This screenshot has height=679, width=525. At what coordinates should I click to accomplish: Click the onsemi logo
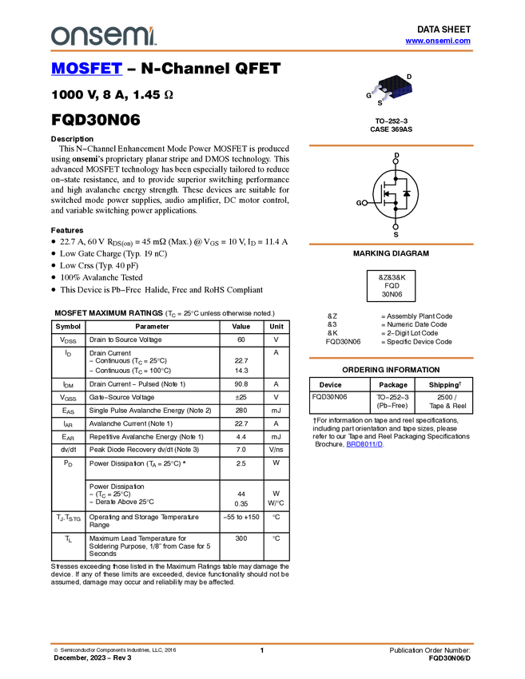(103, 36)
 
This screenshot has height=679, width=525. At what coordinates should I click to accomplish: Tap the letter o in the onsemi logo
(58, 37)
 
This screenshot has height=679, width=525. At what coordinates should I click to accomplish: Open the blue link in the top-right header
(438, 41)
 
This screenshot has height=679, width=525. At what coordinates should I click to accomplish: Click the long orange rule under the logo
(262, 51)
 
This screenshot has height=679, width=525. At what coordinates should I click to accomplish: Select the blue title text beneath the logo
(86, 69)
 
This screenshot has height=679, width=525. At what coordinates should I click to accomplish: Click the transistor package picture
(393, 89)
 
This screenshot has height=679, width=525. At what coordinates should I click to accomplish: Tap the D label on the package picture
(409, 77)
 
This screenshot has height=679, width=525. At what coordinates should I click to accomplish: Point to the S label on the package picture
(380, 104)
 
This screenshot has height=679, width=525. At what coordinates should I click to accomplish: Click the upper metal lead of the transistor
(374, 90)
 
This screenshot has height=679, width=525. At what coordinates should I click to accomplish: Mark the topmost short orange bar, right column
(391, 145)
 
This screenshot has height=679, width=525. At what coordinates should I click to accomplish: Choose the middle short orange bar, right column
(391, 244)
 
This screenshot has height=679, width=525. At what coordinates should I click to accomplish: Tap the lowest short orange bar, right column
(391, 358)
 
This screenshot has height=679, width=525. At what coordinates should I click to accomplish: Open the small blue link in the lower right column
(364, 444)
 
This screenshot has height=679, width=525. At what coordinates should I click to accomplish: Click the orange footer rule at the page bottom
(262, 643)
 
